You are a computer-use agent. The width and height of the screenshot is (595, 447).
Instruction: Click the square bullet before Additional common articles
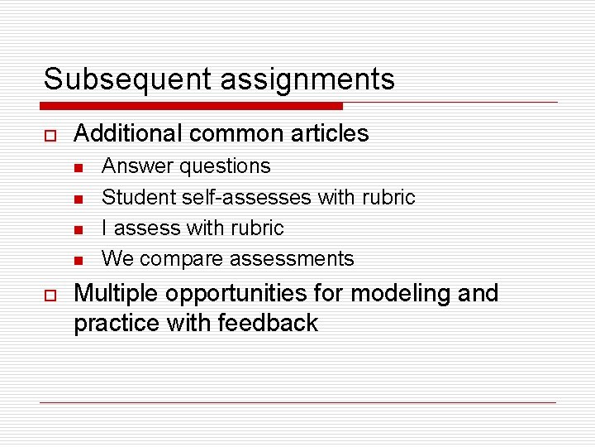point(49,134)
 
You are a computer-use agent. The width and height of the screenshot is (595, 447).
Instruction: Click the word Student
point(133,197)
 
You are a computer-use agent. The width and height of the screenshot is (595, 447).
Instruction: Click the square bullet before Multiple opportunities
point(49,295)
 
